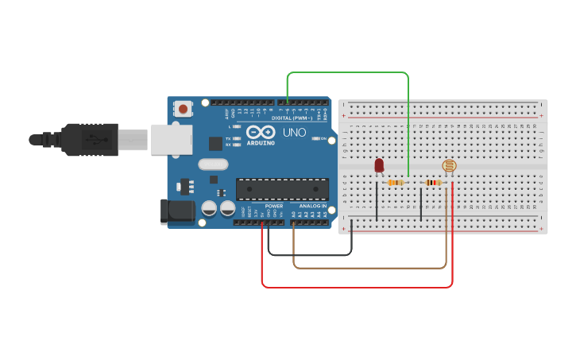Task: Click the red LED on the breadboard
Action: pyautogui.click(x=379, y=165)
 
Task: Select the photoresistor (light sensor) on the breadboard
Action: pyautogui.click(x=450, y=166)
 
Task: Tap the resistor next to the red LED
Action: pyautogui.click(x=395, y=183)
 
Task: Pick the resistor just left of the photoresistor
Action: pyautogui.click(x=433, y=183)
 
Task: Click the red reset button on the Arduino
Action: pyautogui.click(x=184, y=108)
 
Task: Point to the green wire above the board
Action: pyautogui.click(x=348, y=72)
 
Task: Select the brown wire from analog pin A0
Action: pyautogui.click(x=369, y=268)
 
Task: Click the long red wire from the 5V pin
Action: pyautogui.click(x=358, y=287)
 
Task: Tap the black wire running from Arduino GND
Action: pyautogui.click(x=310, y=255)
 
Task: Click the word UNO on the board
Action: pyautogui.click(x=294, y=132)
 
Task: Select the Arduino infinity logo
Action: pyautogui.click(x=260, y=132)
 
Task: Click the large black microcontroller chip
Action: pyautogui.click(x=282, y=189)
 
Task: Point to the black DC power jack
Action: pyautogui.click(x=177, y=211)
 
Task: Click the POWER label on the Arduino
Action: pyautogui.click(x=273, y=206)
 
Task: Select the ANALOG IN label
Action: pyautogui.click(x=313, y=206)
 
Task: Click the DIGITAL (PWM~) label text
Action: pyautogui.click(x=291, y=118)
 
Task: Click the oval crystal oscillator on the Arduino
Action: pyautogui.click(x=212, y=165)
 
